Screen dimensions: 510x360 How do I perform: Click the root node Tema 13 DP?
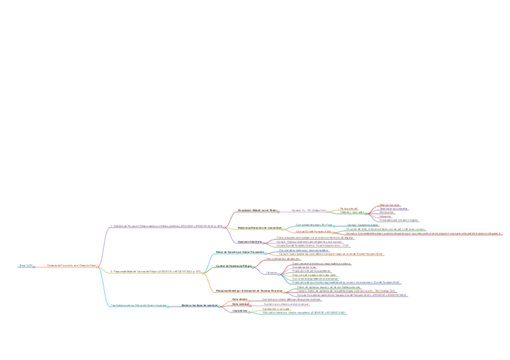(x=25, y=265)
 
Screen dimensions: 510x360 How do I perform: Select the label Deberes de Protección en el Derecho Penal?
(x=72, y=265)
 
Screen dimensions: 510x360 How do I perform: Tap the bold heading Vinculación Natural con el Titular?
(x=257, y=210)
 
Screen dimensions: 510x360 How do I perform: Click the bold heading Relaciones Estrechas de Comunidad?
(x=260, y=228)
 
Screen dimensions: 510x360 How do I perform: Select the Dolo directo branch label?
(x=239, y=299)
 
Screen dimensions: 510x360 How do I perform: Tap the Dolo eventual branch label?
(x=241, y=304)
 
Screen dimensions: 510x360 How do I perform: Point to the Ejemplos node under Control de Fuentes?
(x=272, y=272)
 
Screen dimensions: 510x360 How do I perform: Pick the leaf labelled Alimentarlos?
(x=386, y=212)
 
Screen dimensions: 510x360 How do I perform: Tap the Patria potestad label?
(x=349, y=208)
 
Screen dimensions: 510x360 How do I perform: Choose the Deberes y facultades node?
(x=352, y=212)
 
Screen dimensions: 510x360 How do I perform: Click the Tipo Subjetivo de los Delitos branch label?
(x=138, y=305)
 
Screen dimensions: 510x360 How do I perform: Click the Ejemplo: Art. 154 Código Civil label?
(x=308, y=210)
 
